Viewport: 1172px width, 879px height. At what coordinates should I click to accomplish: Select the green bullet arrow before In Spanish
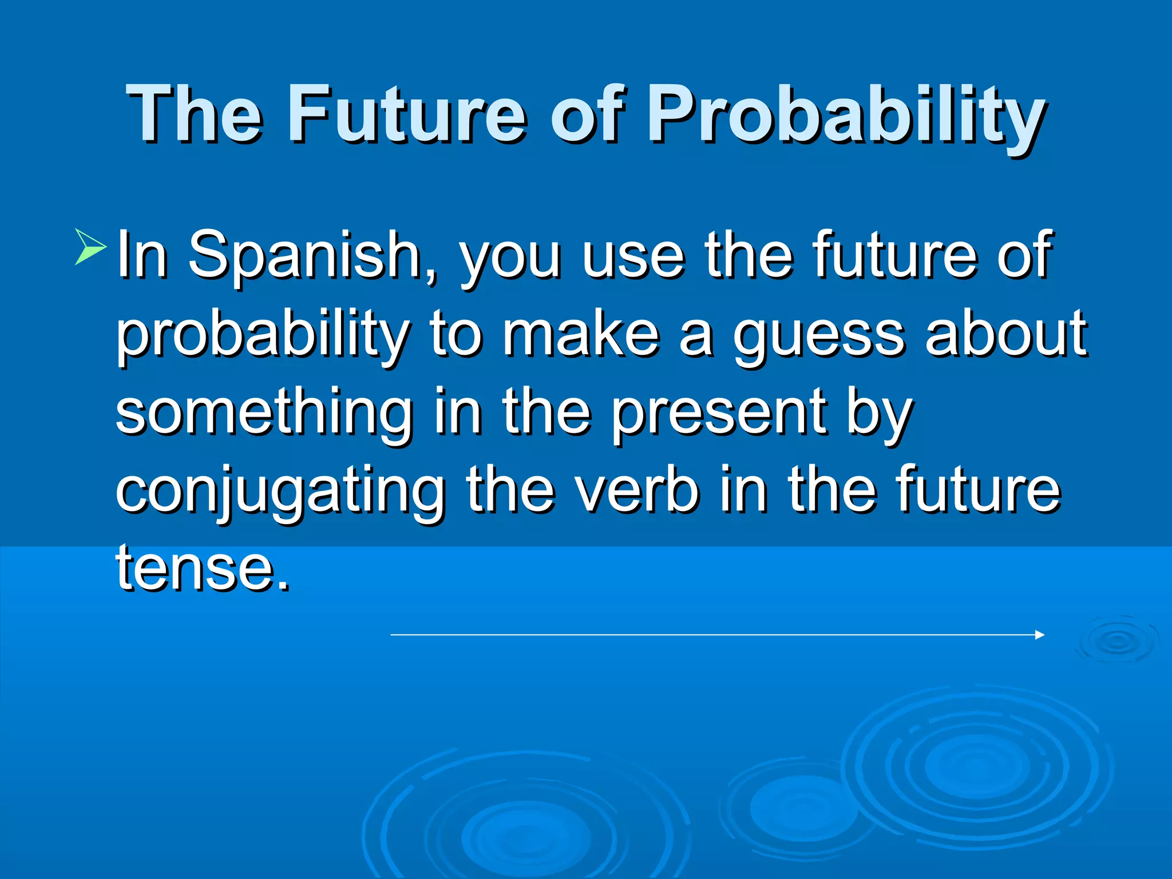click(90, 247)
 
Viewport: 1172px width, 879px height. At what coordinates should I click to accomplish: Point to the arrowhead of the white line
click(1040, 635)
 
